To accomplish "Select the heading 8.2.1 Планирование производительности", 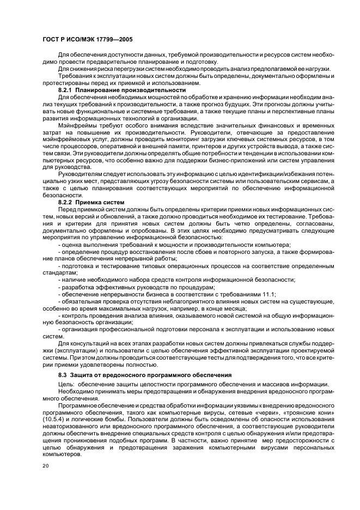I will click(x=121, y=90).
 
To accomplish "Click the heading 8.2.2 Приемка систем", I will click(x=91, y=202).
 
